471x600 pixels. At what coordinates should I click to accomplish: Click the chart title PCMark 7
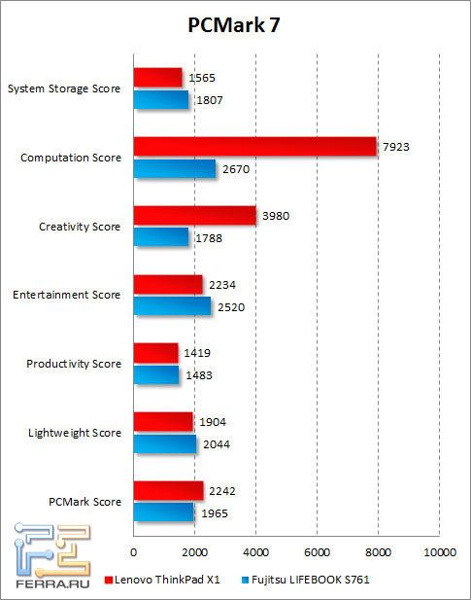(x=235, y=26)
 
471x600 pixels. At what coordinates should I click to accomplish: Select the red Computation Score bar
(x=254, y=146)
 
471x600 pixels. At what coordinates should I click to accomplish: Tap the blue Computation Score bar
(x=174, y=168)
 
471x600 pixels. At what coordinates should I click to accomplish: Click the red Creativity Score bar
(x=194, y=215)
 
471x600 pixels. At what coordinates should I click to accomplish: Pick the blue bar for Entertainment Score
(x=172, y=305)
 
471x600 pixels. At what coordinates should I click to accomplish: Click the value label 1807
(x=211, y=98)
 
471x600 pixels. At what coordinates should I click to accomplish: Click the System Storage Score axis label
(x=64, y=88)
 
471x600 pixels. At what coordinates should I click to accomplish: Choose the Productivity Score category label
(x=74, y=364)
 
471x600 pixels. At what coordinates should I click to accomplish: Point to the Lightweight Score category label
(x=75, y=433)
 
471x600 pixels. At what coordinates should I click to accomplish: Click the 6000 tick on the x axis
(x=317, y=552)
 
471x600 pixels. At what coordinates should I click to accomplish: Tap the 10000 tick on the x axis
(x=439, y=552)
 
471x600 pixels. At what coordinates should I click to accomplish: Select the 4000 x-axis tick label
(x=255, y=552)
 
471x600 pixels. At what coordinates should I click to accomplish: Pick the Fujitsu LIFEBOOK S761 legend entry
(x=307, y=580)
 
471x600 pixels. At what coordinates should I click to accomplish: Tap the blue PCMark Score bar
(x=163, y=512)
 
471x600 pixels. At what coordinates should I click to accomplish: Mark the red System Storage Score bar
(x=157, y=77)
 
